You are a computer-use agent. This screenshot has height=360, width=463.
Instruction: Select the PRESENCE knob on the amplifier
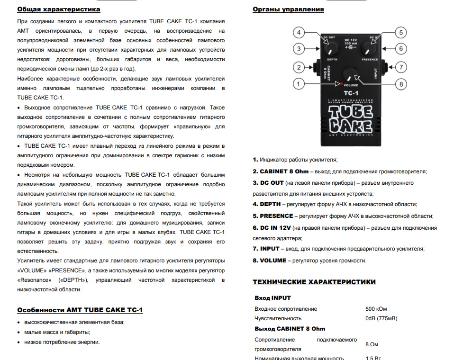[369, 48]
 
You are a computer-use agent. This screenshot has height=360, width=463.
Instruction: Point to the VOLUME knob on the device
[350, 74]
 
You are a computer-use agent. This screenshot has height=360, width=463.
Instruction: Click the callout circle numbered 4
[299, 33]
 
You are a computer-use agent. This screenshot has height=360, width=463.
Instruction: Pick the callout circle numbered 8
[401, 84]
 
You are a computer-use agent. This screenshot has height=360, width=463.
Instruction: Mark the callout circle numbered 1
[299, 84]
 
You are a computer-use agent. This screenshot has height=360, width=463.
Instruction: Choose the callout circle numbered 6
[401, 48]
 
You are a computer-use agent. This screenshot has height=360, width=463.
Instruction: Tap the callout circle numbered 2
[299, 67]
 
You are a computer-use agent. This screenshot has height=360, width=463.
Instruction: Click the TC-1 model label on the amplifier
[350, 93]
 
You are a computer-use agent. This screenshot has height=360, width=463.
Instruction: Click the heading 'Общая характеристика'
[58, 9]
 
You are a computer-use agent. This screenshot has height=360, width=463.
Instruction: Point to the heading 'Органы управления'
[288, 9]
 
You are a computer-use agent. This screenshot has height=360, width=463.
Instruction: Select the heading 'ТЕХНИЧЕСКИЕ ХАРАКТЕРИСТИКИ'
[314, 282]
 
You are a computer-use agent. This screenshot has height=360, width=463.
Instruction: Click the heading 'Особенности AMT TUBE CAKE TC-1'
[80, 310]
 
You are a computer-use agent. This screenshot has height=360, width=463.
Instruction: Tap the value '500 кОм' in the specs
[377, 309]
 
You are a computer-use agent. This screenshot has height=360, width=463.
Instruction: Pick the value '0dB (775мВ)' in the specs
[381, 318]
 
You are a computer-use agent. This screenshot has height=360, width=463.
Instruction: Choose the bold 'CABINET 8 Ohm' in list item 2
[284, 171]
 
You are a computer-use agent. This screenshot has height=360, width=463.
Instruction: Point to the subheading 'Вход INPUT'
[272, 298]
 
